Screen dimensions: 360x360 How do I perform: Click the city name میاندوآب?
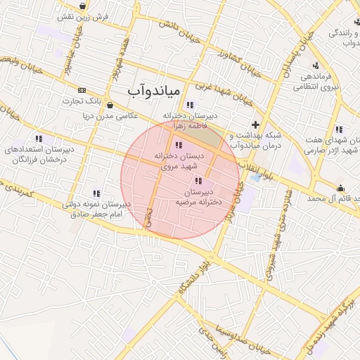pyautogui.click(x=155, y=92)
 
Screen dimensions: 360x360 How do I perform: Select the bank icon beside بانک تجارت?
pyautogui.click(x=82, y=91)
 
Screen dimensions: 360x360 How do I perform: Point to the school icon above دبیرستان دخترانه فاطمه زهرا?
pyautogui.click(x=190, y=105)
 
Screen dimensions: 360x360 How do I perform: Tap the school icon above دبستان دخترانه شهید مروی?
pyautogui.click(x=176, y=145)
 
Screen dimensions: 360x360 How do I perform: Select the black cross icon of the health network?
pyautogui.click(x=255, y=124)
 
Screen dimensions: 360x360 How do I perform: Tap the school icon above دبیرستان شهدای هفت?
pyautogui.click(x=339, y=129)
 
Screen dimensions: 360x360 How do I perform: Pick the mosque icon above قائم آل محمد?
pyautogui.click(x=340, y=188)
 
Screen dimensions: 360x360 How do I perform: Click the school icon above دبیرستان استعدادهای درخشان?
pyautogui.click(x=39, y=139)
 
